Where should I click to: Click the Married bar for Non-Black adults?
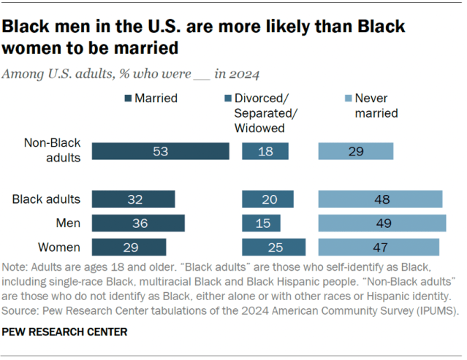(x=160, y=151)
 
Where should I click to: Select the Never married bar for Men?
(x=381, y=223)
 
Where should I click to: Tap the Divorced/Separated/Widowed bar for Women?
(x=273, y=247)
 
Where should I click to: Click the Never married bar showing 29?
(x=355, y=151)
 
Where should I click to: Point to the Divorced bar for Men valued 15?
(x=261, y=223)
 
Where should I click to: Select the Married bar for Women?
(x=129, y=247)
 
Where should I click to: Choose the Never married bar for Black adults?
(x=380, y=199)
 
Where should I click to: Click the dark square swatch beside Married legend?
(x=129, y=99)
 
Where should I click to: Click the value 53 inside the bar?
(x=160, y=151)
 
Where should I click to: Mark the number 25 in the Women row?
(x=273, y=247)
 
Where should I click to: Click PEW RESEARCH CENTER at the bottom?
(x=65, y=332)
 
